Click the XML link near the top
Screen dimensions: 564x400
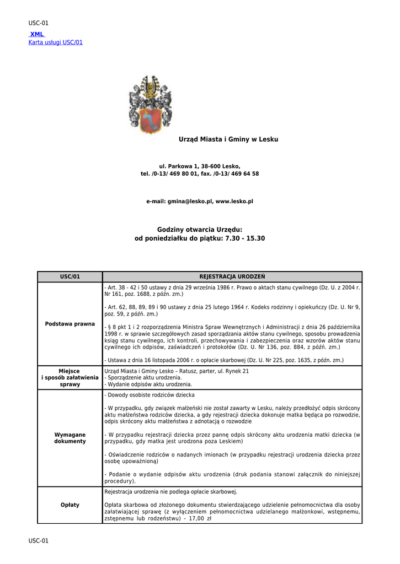pyautogui.click(x=37, y=34)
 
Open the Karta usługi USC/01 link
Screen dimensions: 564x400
pyautogui.click(x=55, y=42)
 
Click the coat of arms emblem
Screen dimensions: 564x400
pyautogui.click(x=148, y=105)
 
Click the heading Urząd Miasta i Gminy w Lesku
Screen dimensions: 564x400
pyautogui.click(x=228, y=139)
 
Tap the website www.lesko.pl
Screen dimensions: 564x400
pyautogui.click(x=234, y=202)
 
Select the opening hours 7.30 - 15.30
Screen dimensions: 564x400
pyautogui.click(x=245, y=238)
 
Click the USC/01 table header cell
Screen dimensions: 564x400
pyautogui.click(x=70, y=276)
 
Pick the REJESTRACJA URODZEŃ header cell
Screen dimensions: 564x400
pyautogui.click(x=232, y=276)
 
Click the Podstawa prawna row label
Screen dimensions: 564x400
pyautogui.click(x=70, y=323)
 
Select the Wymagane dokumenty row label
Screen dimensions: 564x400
pyautogui.click(x=70, y=438)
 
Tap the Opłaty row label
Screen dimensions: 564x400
pyautogui.click(x=70, y=505)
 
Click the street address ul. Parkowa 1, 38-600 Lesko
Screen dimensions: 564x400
pyautogui.click(x=200, y=166)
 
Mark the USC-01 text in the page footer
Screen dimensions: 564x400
pyautogui.click(x=39, y=541)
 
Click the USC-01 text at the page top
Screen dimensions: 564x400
pyautogui.click(x=39, y=23)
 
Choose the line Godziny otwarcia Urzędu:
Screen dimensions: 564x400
pyautogui.click(x=200, y=229)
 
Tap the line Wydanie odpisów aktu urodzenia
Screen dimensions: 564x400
pyautogui.click(x=148, y=384)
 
